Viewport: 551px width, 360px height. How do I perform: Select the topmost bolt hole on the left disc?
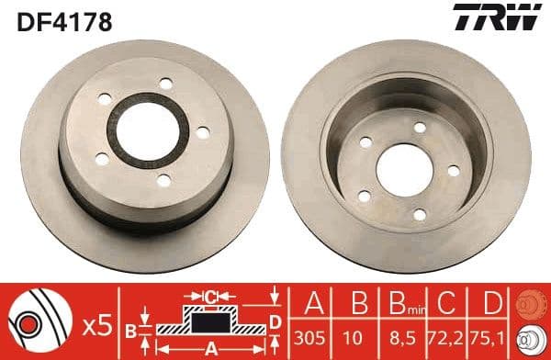(165, 84)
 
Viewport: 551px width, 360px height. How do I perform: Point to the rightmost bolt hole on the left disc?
(202, 133)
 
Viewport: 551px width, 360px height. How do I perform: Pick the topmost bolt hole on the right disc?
(420, 128)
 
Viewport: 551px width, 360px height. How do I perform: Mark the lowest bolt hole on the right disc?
(420, 214)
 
